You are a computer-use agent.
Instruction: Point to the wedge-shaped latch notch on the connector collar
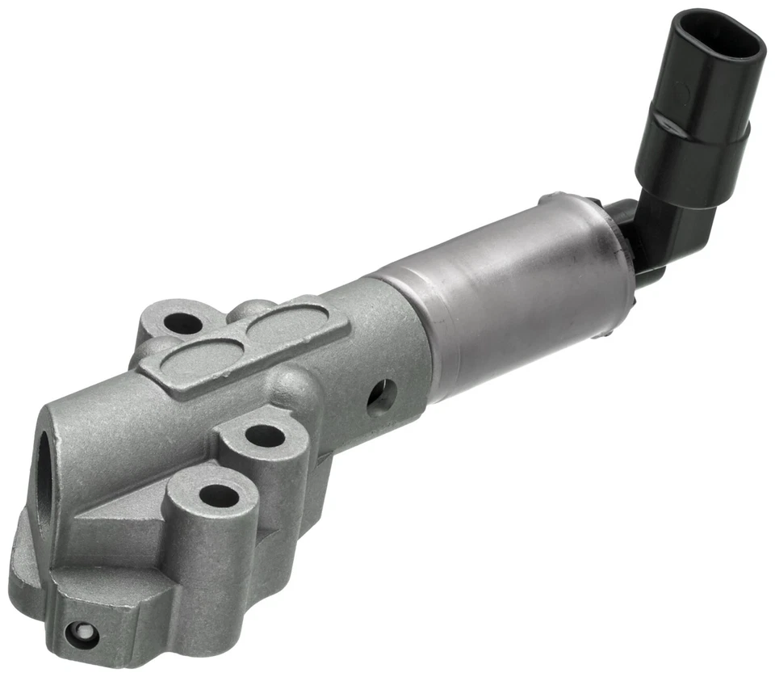point(667,123)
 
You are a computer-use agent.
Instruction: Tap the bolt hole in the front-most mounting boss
point(218,494)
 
